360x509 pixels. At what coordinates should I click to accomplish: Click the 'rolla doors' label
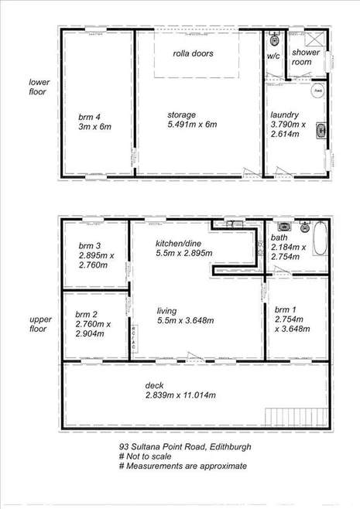194,53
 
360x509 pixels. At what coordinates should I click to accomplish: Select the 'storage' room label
181,115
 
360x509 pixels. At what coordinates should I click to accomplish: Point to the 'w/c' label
274,56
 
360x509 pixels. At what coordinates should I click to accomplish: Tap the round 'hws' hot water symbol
318,91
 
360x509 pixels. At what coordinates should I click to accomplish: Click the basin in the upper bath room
285,227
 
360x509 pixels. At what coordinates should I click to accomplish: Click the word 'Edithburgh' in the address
229,446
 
